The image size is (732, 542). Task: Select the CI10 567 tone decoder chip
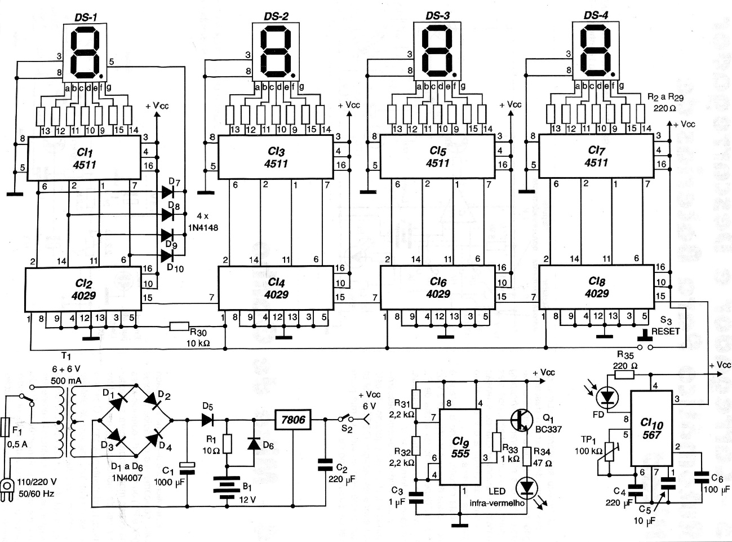(651, 429)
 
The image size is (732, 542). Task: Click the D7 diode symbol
(168, 192)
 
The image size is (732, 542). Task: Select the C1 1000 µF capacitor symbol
(187, 466)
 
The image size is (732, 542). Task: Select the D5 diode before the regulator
(207, 420)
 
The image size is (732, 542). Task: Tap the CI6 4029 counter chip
(437, 288)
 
